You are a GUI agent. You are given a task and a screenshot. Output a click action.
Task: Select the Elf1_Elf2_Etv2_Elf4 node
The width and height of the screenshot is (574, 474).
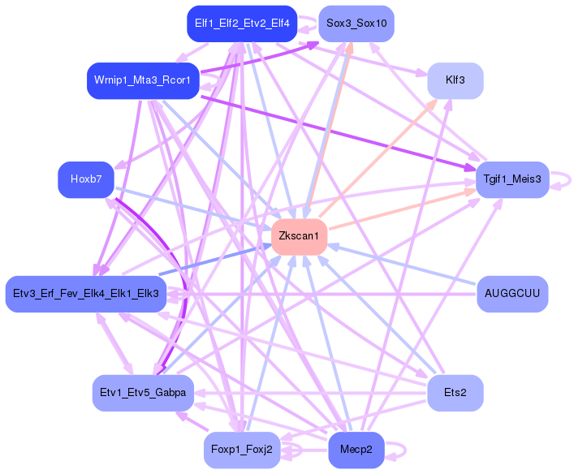(241, 23)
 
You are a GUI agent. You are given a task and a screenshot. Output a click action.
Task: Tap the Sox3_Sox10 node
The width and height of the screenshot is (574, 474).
(356, 23)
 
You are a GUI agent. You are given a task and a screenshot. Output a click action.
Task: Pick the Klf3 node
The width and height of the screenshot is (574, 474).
(455, 80)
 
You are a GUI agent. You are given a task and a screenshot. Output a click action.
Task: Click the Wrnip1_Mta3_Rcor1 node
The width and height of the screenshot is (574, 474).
(143, 81)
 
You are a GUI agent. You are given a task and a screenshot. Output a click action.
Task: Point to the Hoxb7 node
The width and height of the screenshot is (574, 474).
(86, 179)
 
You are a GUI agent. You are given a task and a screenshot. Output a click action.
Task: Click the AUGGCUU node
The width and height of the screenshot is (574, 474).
(511, 292)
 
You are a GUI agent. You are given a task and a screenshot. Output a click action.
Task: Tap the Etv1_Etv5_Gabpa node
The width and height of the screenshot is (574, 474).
(143, 393)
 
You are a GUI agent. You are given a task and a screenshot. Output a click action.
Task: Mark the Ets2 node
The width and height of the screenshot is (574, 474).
(455, 393)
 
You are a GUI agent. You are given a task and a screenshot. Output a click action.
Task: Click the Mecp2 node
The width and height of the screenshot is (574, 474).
(356, 450)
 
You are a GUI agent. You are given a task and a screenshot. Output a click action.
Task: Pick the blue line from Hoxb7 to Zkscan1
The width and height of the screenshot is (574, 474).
(195, 208)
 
